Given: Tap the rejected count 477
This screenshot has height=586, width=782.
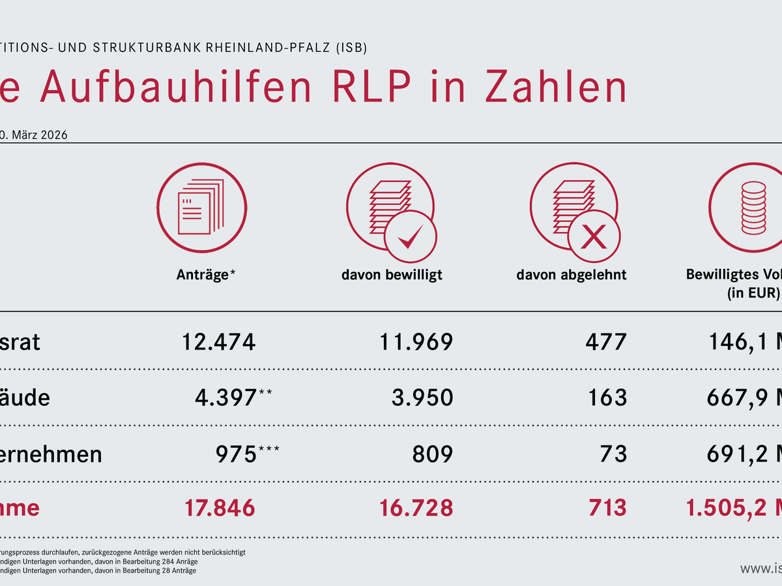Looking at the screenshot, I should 606,341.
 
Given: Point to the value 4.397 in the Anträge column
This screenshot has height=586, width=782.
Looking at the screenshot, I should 225,397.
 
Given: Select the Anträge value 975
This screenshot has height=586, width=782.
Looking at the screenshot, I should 235,454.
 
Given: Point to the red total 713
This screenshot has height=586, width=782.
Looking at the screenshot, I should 606,507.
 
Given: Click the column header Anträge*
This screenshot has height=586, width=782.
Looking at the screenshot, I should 206,275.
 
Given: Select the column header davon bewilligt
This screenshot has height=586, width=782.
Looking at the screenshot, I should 392,275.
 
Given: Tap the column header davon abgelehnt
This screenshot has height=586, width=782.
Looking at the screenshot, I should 572,275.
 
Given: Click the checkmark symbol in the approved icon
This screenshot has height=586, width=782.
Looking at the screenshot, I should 411,237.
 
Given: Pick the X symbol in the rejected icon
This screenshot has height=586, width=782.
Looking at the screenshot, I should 593,237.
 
